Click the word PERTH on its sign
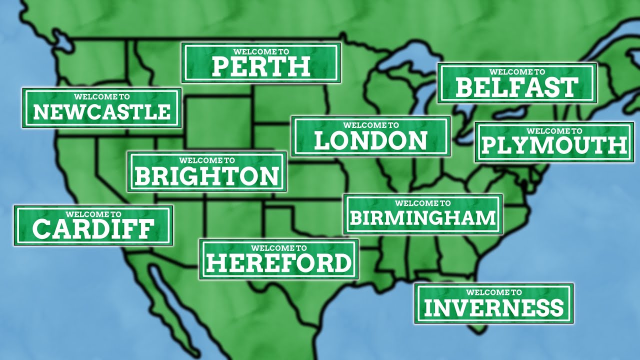tap(261, 66)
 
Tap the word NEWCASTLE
tap(101, 112)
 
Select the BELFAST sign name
tap(517, 87)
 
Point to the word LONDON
tap(371, 141)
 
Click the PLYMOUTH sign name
tap(554, 145)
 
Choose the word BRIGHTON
tap(207, 176)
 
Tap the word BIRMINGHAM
tap(422, 218)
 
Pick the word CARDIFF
tap(93, 229)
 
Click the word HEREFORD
tap(279, 262)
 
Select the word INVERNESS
tap(494, 307)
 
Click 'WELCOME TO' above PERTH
tap(261, 51)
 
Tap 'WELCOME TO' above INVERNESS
tap(494, 292)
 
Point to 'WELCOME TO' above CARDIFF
tap(93, 214)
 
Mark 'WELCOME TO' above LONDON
tap(371, 125)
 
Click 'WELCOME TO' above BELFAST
tap(517, 72)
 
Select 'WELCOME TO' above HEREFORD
tap(279, 247)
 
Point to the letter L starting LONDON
tap(322, 141)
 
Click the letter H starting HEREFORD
tap(214, 262)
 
